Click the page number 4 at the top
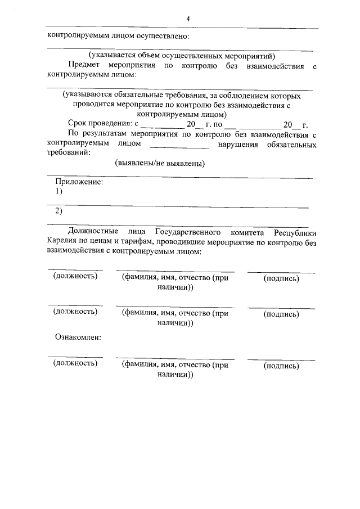188,19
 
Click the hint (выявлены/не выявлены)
160,164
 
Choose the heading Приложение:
79,183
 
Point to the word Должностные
93,232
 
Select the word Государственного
186,232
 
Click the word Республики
295,232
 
